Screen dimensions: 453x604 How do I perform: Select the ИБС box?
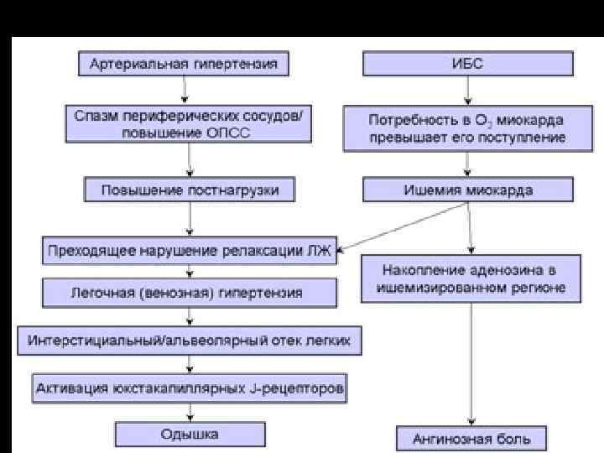[468, 64]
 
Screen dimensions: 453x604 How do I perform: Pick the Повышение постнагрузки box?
[190, 190]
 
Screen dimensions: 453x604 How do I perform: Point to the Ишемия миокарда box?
[468, 190]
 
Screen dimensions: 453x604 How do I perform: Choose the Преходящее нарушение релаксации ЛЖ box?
[190, 249]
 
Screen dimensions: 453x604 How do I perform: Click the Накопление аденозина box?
[469, 279]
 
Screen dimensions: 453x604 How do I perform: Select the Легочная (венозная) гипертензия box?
[190, 293]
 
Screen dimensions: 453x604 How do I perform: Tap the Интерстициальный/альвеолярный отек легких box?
[190, 340]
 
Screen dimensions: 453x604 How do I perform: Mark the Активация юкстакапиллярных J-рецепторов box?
[190, 388]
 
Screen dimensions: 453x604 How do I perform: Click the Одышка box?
[190, 434]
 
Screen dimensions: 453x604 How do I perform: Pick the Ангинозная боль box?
[470, 437]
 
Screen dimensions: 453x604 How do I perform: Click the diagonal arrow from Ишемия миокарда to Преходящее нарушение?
[403, 226]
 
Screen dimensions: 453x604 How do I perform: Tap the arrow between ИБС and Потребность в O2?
[468, 91]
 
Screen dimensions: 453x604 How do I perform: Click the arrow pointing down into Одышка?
[190, 411]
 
